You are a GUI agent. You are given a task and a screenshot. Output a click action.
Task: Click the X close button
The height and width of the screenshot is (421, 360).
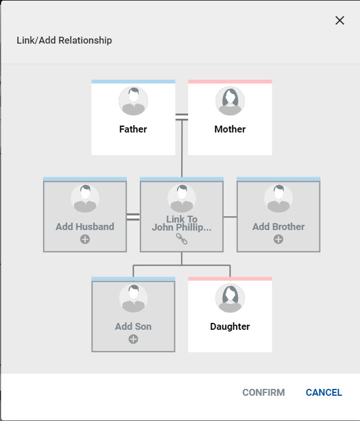point(340,21)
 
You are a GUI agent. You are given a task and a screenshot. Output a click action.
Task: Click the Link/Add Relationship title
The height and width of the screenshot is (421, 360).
point(64,41)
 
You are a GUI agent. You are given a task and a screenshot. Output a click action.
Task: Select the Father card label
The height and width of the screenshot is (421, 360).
point(133,129)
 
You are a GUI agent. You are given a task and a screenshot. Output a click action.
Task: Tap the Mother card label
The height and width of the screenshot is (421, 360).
point(230,129)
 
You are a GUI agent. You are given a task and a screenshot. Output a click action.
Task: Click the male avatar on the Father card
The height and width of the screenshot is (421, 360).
point(133,102)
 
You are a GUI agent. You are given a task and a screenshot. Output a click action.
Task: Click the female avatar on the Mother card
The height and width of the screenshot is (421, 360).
point(230,102)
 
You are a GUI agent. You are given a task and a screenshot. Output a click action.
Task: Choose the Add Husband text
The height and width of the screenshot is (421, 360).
point(85,227)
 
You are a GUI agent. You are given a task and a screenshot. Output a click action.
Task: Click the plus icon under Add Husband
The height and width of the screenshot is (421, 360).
point(85,239)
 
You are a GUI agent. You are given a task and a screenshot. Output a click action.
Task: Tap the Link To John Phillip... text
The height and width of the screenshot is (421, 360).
point(182,223)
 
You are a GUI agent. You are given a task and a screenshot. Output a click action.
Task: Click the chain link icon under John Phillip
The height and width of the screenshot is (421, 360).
point(182,239)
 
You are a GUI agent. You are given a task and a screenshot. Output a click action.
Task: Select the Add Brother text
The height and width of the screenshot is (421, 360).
point(279,227)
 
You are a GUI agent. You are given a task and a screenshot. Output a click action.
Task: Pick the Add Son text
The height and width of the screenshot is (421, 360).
point(133,326)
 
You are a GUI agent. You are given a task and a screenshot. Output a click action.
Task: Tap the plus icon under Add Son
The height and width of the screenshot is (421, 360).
point(133,339)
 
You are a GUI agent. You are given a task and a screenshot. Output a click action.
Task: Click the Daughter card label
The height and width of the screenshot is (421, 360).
point(230,326)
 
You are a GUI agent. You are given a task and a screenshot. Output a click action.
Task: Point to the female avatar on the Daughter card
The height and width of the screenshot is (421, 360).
point(230,298)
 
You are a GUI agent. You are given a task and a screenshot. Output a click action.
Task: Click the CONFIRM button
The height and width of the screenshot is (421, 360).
point(264,393)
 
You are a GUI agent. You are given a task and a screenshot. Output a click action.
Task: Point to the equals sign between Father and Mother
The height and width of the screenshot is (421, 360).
point(182,117)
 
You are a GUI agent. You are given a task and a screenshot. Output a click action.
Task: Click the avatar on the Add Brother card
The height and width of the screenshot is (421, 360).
point(279,198)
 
